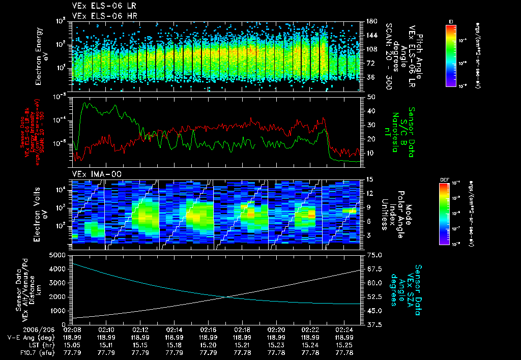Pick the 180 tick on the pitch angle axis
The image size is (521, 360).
371,21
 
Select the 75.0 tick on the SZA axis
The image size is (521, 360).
372,255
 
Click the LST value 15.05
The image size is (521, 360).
72,345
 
